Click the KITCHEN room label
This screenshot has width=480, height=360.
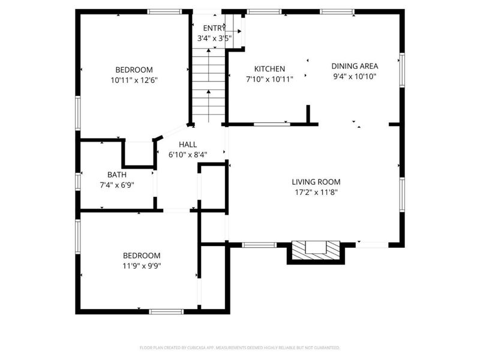coord(269,69)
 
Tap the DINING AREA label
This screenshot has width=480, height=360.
coord(355,66)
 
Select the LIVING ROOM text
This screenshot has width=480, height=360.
coord(316,182)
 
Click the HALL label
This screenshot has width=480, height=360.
coord(188,145)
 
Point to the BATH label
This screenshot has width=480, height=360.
coord(116,175)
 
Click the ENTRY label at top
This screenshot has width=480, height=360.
coord(214,28)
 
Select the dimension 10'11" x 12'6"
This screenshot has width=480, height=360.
coord(134,79)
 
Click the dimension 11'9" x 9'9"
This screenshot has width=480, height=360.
coord(142,265)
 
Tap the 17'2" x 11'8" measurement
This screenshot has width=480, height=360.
coord(316,192)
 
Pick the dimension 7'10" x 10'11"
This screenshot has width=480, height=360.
coord(269,79)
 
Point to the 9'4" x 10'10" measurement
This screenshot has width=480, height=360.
coord(355,76)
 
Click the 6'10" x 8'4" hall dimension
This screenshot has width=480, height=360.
coord(188,154)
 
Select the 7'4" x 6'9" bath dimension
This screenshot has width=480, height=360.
coord(116,185)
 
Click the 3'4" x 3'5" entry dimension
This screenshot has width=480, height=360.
coord(214,38)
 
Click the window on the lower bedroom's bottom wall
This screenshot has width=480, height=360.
coord(166,311)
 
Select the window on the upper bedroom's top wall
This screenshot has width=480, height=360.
coord(164,11)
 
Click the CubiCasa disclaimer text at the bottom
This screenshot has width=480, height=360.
coord(239,347)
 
